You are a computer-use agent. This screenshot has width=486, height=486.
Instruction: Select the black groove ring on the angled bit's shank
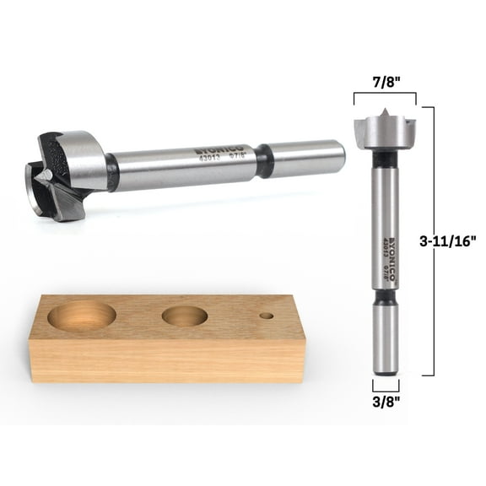tap(266, 160)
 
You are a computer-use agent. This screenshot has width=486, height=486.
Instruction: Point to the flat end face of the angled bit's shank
tap(341, 153)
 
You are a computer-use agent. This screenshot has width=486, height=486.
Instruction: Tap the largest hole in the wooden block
tap(82, 316)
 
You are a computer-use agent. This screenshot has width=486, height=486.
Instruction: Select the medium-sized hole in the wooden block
tap(185, 316)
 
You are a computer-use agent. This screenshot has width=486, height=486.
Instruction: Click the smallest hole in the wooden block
tap(267, 316)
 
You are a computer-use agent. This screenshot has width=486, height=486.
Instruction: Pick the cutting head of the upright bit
tap(385, 130)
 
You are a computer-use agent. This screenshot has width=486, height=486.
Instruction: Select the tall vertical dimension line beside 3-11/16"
tap(434, 240)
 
